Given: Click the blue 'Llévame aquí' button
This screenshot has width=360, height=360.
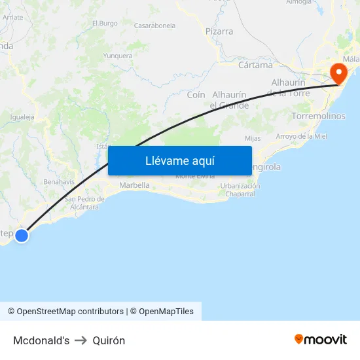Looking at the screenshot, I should [179, 160].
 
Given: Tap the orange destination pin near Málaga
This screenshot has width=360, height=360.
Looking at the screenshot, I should [339, 72].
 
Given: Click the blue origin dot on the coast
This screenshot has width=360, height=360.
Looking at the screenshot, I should [22, 235].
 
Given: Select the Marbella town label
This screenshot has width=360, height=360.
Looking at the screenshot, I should [134, 185].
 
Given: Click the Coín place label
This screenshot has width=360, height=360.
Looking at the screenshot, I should [196, 95].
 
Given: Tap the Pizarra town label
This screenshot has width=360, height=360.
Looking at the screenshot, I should [219, 31].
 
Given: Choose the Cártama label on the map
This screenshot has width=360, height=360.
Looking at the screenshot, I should [255, 65].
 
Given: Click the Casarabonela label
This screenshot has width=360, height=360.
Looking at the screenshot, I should [154, 26].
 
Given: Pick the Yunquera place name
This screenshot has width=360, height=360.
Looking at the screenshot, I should [118, 56].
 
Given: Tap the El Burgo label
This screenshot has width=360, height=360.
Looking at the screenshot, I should [105, 24].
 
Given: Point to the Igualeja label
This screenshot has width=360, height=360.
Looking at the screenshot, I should [22, 117].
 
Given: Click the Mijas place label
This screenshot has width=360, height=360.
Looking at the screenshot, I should [253, 138].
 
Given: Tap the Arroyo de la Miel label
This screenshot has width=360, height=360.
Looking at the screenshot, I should [301, 136].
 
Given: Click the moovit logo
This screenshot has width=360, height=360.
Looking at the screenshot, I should [321, 340].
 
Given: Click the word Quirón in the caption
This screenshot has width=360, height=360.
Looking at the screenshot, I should [109, 340].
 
